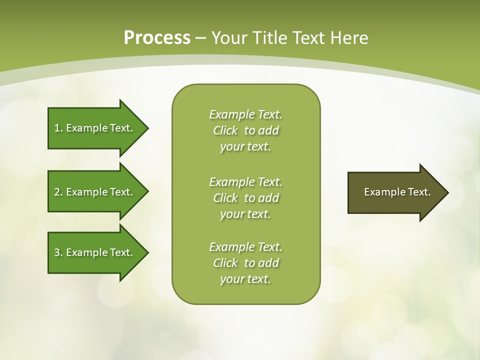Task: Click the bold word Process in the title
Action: [157, 38]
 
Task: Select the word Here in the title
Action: [349, 38]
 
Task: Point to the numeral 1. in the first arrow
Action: [58, 128]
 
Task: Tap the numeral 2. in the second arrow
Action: [58, 192]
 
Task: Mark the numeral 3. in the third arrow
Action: [58, 252]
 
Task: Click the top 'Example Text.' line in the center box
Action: [246, 114]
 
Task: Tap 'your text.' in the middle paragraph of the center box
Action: [245, 214]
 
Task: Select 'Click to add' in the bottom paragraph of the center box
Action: [246, 263]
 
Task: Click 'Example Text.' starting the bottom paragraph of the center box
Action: [246, 247]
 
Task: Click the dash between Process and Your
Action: [201, 38]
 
